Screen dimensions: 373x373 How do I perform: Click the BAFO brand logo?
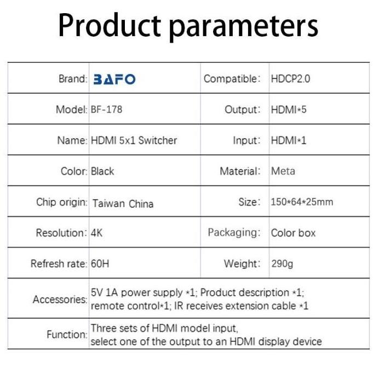[114, 79]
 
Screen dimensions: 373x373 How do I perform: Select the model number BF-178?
[106, 110]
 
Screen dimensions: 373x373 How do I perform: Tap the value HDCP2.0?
[290, 79]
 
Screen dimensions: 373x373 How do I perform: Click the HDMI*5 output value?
[289, 110]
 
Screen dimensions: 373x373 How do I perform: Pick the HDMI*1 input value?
[289, 140]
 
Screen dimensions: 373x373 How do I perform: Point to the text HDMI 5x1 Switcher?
[134, 140]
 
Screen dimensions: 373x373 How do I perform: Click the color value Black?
[102, 171]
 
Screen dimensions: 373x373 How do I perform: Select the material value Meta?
[283, 171]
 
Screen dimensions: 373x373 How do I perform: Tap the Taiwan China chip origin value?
[123, 204]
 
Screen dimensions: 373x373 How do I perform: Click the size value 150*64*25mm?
[302, 202]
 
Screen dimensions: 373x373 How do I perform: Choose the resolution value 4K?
[96, 233]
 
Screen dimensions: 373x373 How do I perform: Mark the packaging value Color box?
[293, 233]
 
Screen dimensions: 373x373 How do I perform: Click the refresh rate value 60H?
[100, 264]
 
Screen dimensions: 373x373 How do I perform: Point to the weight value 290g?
[282, 264]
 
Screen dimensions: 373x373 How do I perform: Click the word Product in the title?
[110, 25]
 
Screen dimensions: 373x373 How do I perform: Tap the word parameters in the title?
[244, 27]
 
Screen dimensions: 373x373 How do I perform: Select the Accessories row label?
[60, 300]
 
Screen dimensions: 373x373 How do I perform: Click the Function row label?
[67, 335]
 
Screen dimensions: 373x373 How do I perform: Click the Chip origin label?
[62, 202]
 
